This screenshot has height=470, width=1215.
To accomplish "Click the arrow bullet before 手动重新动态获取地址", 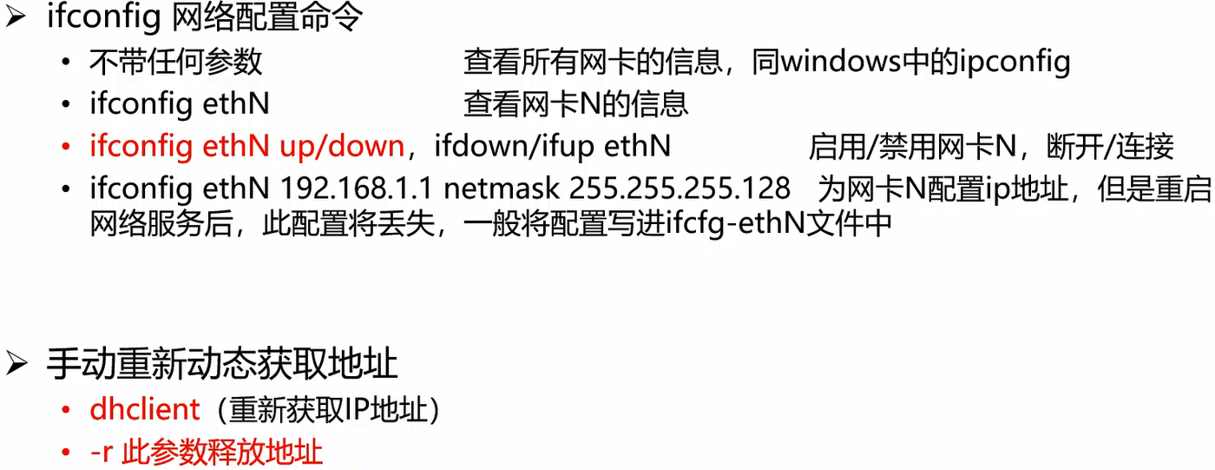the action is [x=17, y=364].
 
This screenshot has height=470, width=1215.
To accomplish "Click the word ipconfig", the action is [x=1015, y=62].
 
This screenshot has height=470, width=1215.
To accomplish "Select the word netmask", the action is [x=501, y=189].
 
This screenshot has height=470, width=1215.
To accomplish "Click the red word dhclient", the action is [x=145, y=409].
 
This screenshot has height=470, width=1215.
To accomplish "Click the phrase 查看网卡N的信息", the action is [x=575, y=104].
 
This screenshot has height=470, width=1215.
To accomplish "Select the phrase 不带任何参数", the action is [x=175, y=62].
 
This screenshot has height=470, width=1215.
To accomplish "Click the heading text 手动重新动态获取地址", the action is [x=222, y=364].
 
